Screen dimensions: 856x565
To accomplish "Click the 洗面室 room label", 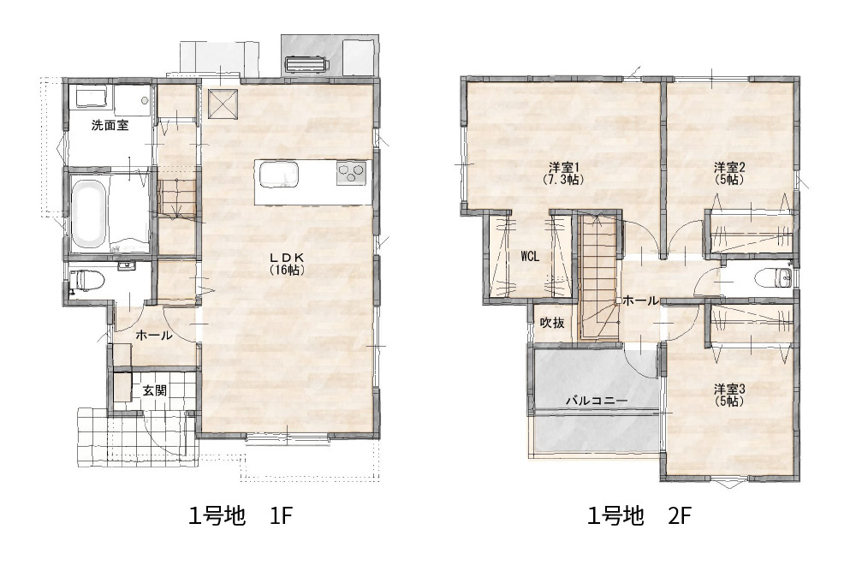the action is tap(110, 125).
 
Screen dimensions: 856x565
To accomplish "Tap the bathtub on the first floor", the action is tap(88, 213).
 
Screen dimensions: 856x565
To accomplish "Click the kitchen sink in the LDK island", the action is tap(278, 175).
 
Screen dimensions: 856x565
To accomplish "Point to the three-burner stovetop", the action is tap(350, 174).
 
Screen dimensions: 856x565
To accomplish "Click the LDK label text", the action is tap(287, 257).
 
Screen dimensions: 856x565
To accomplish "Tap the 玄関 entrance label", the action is tap(154, 391).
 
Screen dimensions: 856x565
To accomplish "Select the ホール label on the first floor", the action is tap(153, 336).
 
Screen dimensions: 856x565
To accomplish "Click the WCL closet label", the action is tap(530, 256).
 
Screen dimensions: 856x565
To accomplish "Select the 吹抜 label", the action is tap(552, 323).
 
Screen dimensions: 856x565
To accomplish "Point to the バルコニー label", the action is tap(596, 400).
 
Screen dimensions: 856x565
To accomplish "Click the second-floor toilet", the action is tap(772, 278).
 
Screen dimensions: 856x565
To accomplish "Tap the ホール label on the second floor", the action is tap(640, 300).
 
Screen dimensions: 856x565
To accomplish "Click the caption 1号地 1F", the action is tap(241, 516).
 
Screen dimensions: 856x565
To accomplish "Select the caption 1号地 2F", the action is tap(639, 516).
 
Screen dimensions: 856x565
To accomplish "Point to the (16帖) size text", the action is tap(287, 270).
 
